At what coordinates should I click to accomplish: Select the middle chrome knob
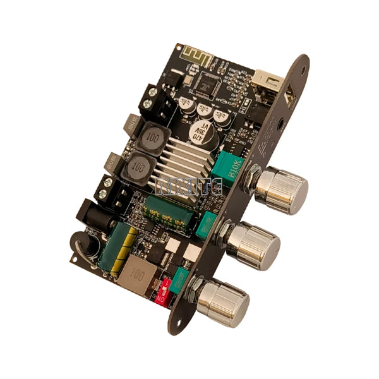click(254, 243)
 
